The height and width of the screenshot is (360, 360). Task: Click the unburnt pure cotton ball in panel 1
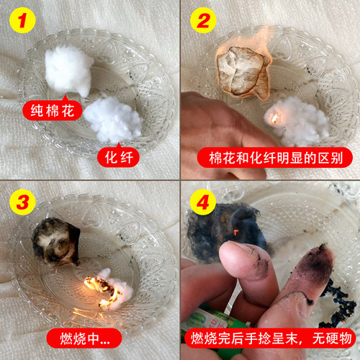[x=69, y=69]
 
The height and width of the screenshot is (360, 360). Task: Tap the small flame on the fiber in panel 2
[x=274, y=116]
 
